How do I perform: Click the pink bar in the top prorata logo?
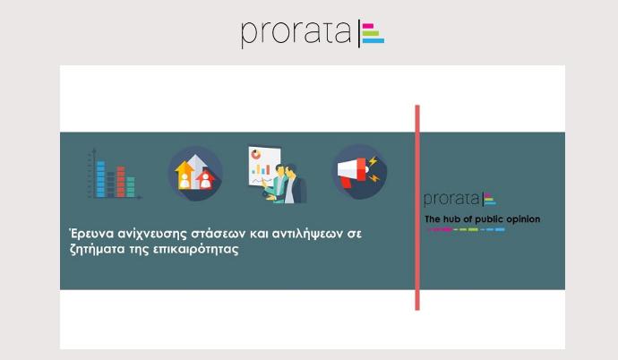point(368,26)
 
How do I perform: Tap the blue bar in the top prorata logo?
point(373,40)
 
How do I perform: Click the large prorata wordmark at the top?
point(296,33)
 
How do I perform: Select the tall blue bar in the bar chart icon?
point(100,178)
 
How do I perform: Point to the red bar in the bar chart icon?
point(121,182)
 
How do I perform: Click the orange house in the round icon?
point(185,176)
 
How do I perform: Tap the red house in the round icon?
point(205,180)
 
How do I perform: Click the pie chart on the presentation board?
point(256,154)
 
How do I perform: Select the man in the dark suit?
point(295,184)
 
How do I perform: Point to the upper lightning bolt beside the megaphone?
point(373,160)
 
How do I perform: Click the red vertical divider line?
point(417,208)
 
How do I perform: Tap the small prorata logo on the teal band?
point(459,200)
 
